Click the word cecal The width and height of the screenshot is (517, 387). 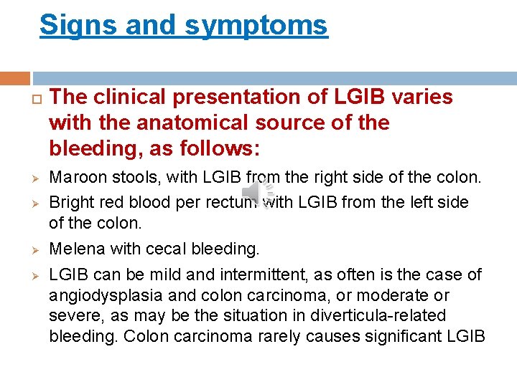(x=164, y=249)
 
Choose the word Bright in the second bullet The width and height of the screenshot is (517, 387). (x=68, y=203)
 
